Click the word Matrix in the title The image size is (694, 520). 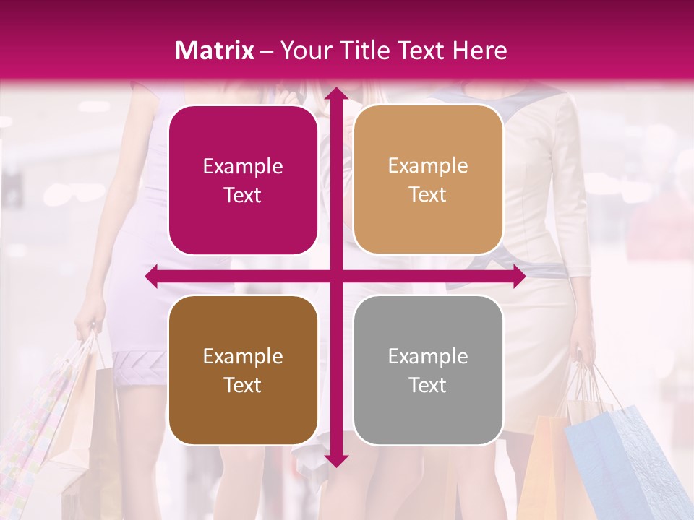pos(214,51)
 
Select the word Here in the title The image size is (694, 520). pos(480,51)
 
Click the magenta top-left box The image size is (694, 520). pos(243,181)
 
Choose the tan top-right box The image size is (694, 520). pos(428,180)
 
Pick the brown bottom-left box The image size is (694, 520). pos(243,370)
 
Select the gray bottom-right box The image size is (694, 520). pos(428,370)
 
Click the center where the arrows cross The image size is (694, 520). pos(335,276)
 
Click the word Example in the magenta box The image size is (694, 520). pos(243,167)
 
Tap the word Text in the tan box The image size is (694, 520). pos(428,195)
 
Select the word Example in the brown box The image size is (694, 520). pos(243,357)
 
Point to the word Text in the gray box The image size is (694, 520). pos(428,386)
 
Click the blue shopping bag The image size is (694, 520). pos(622,462)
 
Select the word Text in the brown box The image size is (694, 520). pos(243,386)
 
